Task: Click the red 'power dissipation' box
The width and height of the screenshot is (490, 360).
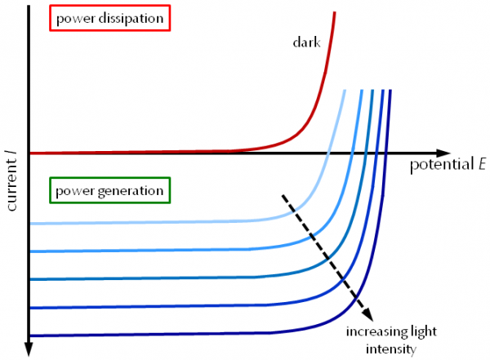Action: (109, 17)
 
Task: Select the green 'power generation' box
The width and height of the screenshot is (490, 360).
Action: (109, 191)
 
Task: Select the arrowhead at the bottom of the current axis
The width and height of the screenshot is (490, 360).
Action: (29, 349)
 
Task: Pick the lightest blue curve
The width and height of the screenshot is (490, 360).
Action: (163, 222)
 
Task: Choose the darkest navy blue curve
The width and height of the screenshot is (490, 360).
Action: (163, 334)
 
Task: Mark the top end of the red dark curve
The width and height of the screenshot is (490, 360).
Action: (335, 12)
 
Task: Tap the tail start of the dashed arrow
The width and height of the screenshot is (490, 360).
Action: (283, 195)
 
